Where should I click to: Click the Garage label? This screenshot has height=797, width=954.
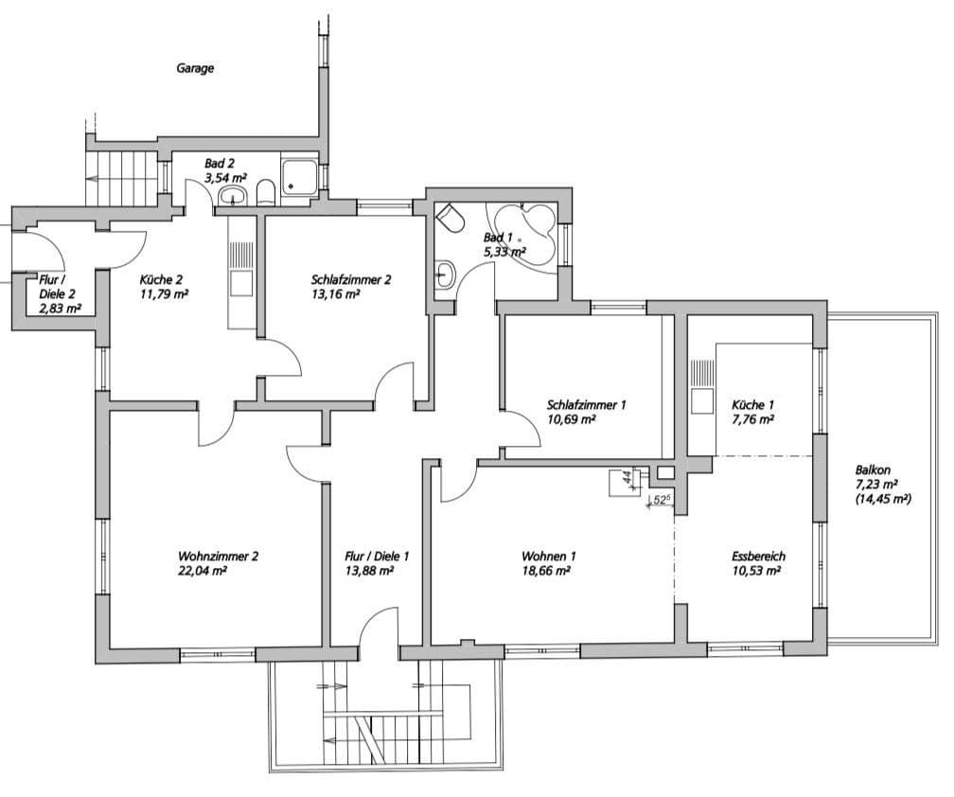tap(195, 68)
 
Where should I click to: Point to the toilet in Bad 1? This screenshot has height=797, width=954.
tap(451, 220)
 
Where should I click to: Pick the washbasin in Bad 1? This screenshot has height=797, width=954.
tap(445, 276)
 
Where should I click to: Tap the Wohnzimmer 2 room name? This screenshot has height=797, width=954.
tap(218, 556)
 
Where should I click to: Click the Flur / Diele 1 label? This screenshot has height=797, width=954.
tap(377, 556)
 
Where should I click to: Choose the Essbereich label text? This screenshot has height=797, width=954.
tap(758, 556)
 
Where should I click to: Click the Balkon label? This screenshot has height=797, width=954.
tap(873, 469)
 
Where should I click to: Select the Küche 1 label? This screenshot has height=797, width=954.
tap(753, 404)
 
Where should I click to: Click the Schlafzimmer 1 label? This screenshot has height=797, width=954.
tap(587, 404)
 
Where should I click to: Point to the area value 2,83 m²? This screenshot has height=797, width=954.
tap(60, 308)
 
